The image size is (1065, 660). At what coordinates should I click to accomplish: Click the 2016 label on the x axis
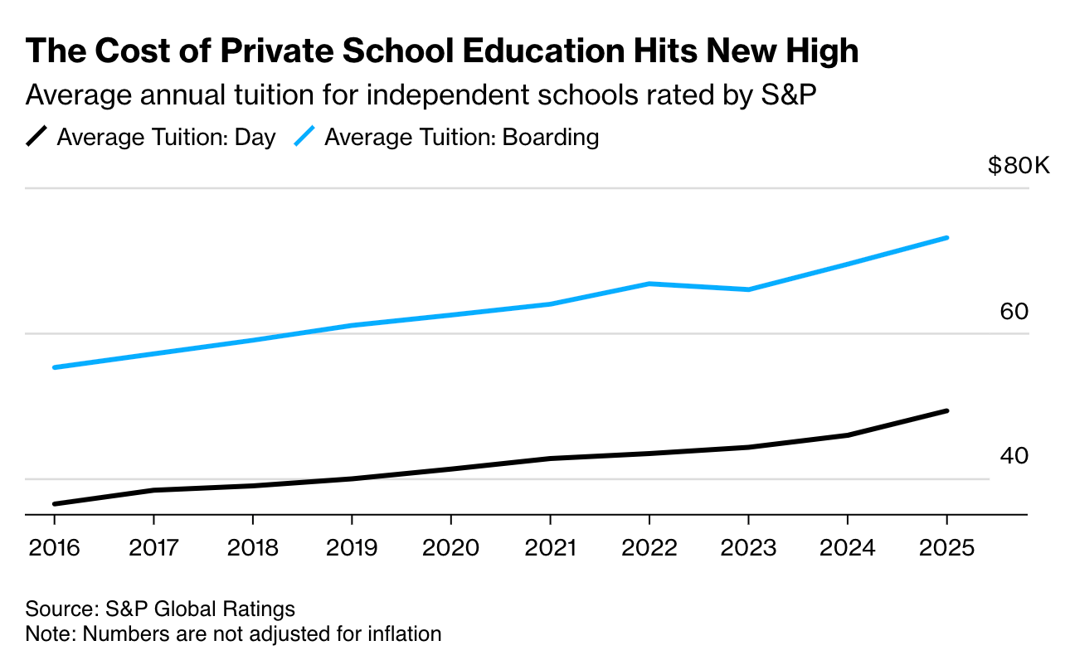pyautogui.click(x=54, y=548)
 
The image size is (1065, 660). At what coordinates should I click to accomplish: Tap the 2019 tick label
pyautogui.click(x=352, y=548)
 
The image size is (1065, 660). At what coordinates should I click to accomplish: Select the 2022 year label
pyautogui.click(x=649, y=548)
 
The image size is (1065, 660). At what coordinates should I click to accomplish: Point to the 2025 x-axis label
pyautogui.click(x=946, y=548)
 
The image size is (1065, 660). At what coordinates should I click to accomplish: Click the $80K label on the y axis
pyautogui.click(x=1019, y=166)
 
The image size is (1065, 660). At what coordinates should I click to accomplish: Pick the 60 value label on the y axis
pyautogui.click(x=1014, y=312)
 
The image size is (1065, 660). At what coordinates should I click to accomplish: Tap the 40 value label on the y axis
pyautogui.click(x=1014, y=456)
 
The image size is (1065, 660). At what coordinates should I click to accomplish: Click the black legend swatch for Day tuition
pyautogui.click(x=37, y=137)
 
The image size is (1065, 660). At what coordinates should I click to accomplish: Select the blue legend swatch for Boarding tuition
pyautogui.click(x=305, y=137)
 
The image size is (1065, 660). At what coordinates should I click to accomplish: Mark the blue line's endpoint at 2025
pyautogui.click(x=946, y=238)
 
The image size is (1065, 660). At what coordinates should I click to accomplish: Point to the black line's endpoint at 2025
pyautogui.click(x=946, y=410)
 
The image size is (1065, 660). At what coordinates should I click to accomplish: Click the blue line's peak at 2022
pyautogui.click(x=649, y=284)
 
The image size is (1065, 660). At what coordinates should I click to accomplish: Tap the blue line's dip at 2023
pyautogui.click(x=749, y=289)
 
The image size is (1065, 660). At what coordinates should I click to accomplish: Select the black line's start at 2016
pyautogui.click(x=55, y=503)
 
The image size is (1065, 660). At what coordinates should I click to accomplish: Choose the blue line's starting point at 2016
pyautogui.click(x=55, y=367)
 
